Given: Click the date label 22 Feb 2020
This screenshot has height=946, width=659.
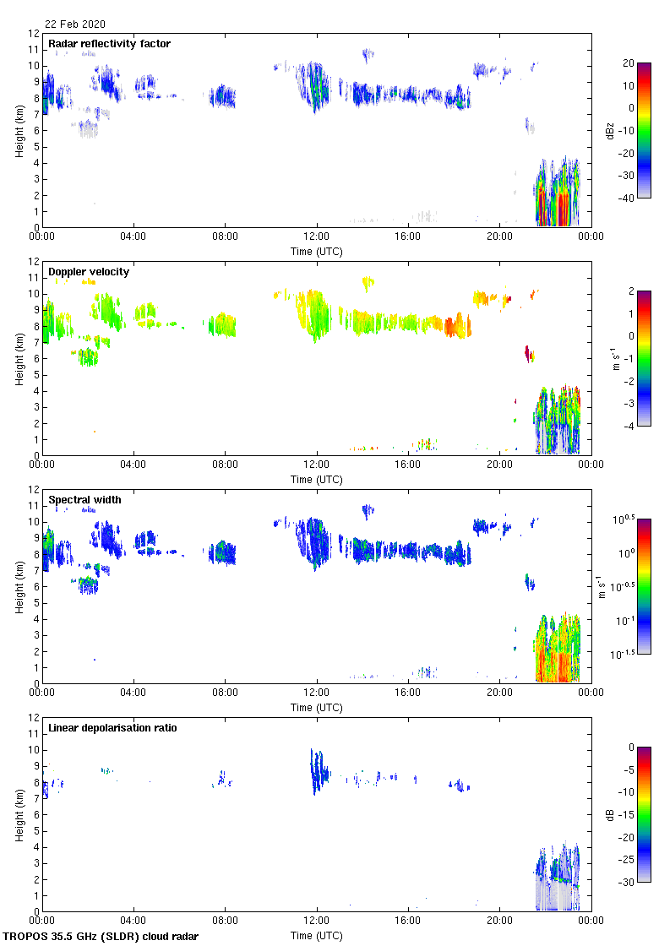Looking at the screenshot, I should tap(75, 24).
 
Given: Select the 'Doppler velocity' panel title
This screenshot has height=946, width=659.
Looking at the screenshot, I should tap(88, 271).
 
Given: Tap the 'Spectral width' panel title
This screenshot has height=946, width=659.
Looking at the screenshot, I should tap(84, 499).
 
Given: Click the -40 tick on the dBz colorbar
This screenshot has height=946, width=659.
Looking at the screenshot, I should tap(629, 198).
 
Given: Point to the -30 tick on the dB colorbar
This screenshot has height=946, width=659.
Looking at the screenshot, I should tap(629, 882).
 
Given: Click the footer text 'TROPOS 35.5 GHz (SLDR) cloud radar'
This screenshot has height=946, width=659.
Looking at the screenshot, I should tap(101, 937).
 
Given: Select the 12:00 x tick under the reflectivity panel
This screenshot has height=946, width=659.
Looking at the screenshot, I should tap(317, 237).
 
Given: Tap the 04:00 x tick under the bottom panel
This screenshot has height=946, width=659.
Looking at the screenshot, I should tap(133, 922).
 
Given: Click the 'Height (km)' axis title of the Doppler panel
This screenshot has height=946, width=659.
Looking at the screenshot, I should tap(19, 358).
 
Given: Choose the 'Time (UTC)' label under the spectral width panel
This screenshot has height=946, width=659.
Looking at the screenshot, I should tap(317, 707).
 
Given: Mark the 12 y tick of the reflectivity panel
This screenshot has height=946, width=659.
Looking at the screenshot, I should tap(34, 34).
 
